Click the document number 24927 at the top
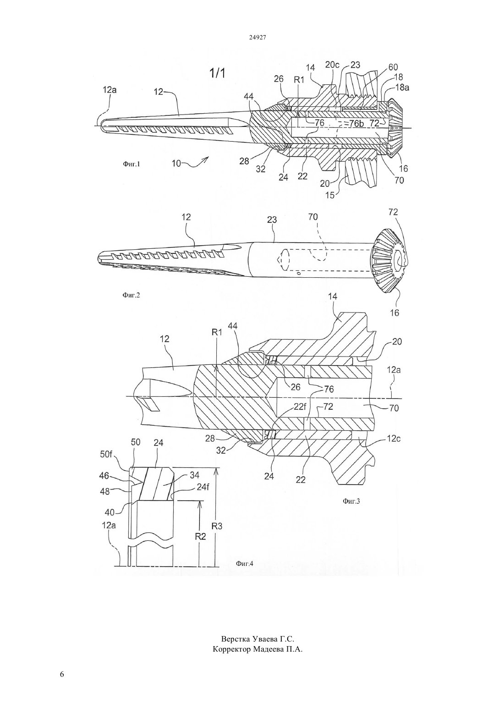pyautogui.click(x=257, y=37)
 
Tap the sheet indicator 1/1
pyautogui.click(x=217, y=73)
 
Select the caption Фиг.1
pyautogui.click(x=131, y=164)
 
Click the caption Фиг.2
pyautogui.click(x=131, y=295)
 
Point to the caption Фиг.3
pyautogui.click(x=351, y=501)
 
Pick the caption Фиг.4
pyautogui.click(x=244, y=564)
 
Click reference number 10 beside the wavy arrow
pyautogui.click(x=176, y=164)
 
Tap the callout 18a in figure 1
pyautogui.click(x=402, y=88)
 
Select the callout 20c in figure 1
pyautogui.click(x=333, y=65)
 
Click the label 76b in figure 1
pyautogui.click(x=356, y=123)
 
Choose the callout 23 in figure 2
pyautogui.click(x=272, y=219)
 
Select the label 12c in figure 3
pyautogui.click(x=394, y=439)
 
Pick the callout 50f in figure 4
pyautogui.click(x=106, y=455)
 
